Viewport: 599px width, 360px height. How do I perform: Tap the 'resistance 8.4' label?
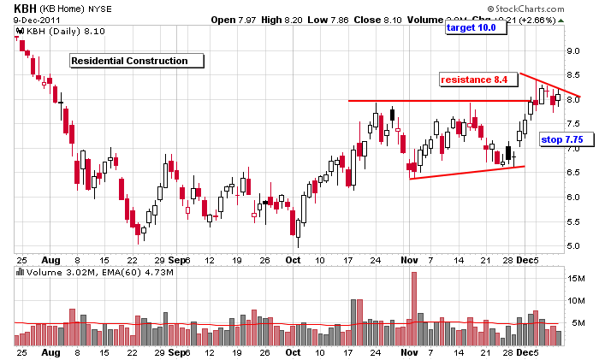478,80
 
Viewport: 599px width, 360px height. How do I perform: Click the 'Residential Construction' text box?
137,61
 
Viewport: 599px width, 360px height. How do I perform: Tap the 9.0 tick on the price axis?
574,51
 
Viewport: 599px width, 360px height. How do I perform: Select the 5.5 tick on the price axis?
574,222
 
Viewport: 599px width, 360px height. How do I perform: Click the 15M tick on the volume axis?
576,279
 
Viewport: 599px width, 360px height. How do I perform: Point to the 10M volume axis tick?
576,300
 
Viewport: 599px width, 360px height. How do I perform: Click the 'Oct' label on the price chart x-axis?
294,259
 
